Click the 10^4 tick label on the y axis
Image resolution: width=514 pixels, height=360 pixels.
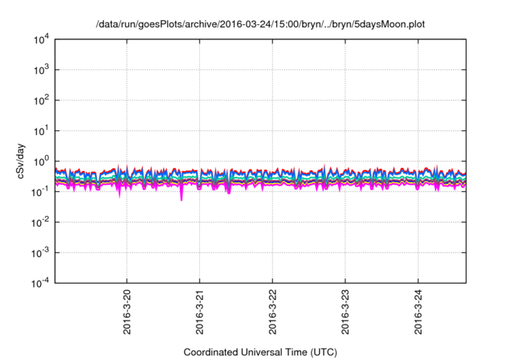(43, 39)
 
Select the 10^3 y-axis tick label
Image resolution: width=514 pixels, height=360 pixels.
(43, 69)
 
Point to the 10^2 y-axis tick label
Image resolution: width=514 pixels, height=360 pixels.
(43, 100)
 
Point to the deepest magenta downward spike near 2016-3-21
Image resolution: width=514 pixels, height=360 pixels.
(181, 198)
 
